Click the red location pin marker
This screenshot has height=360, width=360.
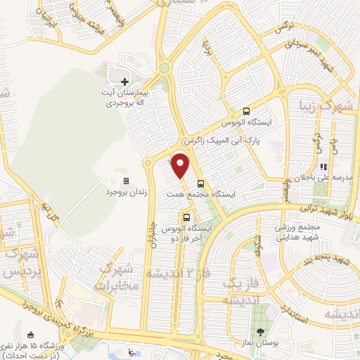click(x=181, y=165)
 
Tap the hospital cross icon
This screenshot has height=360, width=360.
click(x=124, y=82)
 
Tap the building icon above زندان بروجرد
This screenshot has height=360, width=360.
click(x=125, y=181)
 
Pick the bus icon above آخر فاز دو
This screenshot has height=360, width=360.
click(x=187, y=218)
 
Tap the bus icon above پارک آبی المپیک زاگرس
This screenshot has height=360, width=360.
click(x=246, y=110)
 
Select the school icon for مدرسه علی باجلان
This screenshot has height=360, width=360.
click(x=324, y=167)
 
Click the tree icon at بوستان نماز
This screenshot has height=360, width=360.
click(x=262, y=332)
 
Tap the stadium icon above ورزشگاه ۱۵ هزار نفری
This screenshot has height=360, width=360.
click(x=30, y=334)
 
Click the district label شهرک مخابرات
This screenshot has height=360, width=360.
click(x=115, y=277)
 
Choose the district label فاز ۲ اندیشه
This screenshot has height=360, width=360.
click(x=176, y=271)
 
